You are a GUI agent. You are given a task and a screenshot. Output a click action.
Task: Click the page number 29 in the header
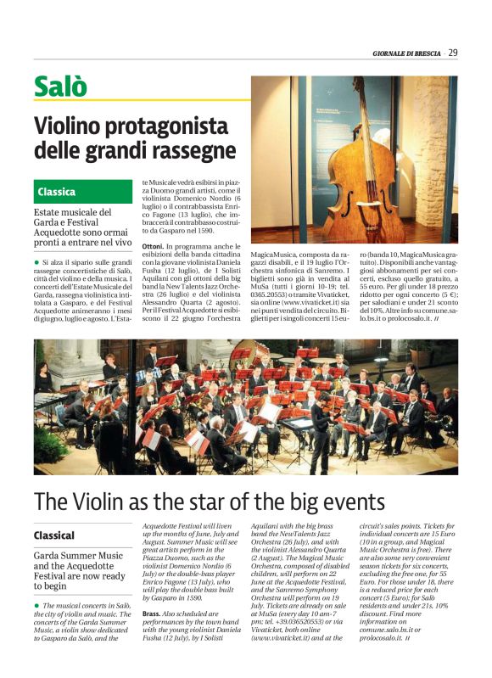453,53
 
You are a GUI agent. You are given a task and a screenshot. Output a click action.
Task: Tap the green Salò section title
60,87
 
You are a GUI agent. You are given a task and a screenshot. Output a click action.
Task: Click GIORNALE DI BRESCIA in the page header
407,54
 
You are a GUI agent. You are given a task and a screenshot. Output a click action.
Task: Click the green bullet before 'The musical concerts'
37,629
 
